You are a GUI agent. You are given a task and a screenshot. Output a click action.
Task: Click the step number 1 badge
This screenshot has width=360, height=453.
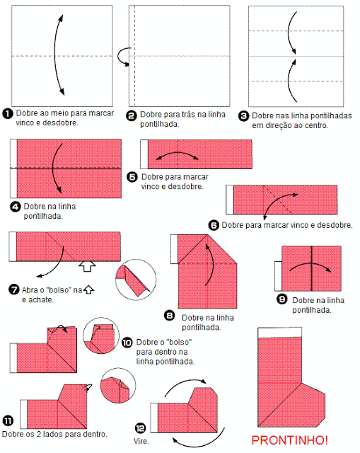point(8,113)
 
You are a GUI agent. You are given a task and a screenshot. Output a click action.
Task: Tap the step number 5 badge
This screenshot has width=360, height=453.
point(132,176)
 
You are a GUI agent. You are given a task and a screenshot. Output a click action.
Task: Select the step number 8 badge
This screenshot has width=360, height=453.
point(170,316)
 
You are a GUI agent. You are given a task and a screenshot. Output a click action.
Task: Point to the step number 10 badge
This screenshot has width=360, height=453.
point(127,343)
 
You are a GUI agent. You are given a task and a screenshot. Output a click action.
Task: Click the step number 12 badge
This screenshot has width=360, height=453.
point(141,428)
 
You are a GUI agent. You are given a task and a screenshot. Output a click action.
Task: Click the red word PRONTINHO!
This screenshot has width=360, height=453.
point(289,440)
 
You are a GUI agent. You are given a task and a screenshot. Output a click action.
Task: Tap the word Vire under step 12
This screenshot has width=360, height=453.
point(141,441)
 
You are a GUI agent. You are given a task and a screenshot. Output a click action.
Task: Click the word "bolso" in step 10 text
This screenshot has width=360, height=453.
point(178,342)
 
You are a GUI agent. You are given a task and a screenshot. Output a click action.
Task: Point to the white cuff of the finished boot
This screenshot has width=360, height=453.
point(280,333)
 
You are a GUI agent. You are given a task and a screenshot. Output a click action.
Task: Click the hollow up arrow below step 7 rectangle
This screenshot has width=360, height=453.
point(87,267)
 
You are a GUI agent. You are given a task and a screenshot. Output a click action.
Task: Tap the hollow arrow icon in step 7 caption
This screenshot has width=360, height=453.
point(88,289)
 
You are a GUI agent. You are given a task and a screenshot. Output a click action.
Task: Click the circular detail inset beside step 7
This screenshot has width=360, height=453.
point(136,280)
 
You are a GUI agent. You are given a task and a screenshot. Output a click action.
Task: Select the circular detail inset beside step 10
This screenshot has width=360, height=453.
point(101,336)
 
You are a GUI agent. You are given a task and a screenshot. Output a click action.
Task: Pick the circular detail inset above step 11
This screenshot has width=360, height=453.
point(118,386)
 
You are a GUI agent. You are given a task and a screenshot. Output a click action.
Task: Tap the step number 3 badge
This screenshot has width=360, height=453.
point(243,116)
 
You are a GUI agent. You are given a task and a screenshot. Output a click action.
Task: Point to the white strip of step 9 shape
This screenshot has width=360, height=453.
point(278,276)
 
